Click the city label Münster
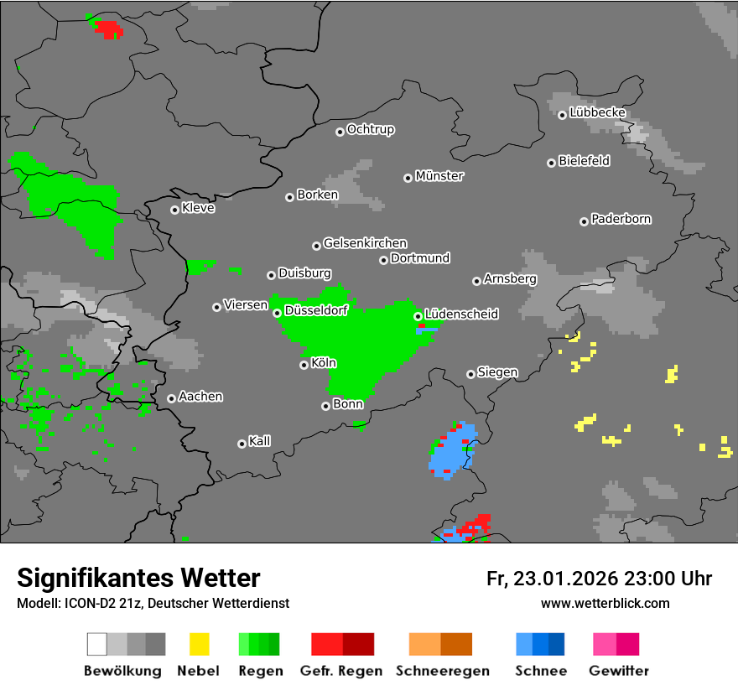[x=439, y=176]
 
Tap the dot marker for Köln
[x=304, y=365]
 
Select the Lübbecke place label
[x=597, y=112]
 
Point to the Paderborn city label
[x=621, y=219]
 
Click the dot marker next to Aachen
[x=171, y=398]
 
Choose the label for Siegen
[x=497, y=372]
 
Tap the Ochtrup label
[x=370, y=129]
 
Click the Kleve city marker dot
[x=174, y=210]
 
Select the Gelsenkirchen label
[x=365, y=243]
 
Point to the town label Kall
[x=259, y=441]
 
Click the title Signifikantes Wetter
[x=138, y=578]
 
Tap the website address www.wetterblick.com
[x=605, y=603]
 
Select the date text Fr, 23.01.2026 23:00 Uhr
[x=599, y=579]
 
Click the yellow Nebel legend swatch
[x=199, y=644]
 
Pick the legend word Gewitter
[x=618, y=671]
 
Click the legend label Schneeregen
[x=440, y=671]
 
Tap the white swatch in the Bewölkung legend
[x=97, y=644]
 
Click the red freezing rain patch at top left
[x=108, y=29]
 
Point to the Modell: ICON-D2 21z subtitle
[x=153, y=603]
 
